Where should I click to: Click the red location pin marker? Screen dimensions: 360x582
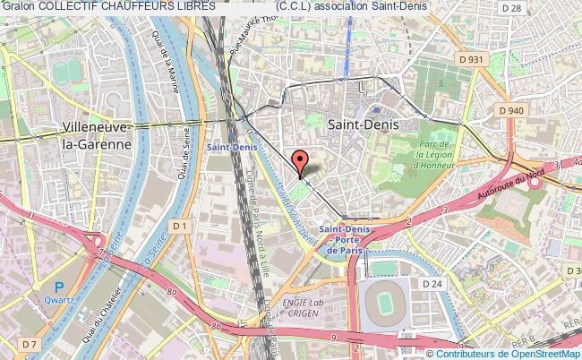302,161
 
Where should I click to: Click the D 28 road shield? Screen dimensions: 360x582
536,7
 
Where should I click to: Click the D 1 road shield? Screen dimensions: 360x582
181,227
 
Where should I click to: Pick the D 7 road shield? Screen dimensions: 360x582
30,344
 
